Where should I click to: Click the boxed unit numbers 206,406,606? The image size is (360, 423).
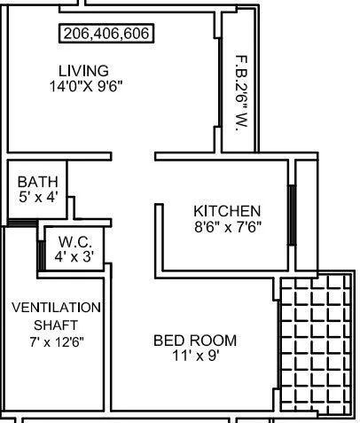tap(106, 35)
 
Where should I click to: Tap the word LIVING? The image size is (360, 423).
tap(83, 71)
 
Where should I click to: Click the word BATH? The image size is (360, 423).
tap(37, 182)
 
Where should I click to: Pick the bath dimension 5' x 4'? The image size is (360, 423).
tap(37, 197)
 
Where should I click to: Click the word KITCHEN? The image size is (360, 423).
tap(227, 211)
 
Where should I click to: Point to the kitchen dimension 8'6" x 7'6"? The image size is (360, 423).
tap(227, 226)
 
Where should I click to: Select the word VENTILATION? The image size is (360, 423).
tap(56, 308)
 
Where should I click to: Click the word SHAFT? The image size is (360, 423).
tap(56, 324)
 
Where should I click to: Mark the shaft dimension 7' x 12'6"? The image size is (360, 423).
tap(56, 341)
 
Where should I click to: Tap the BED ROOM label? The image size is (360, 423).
tap(195, 341)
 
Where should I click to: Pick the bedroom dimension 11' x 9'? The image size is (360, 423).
tap(195, 356)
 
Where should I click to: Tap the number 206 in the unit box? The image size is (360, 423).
tap(75, 35)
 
